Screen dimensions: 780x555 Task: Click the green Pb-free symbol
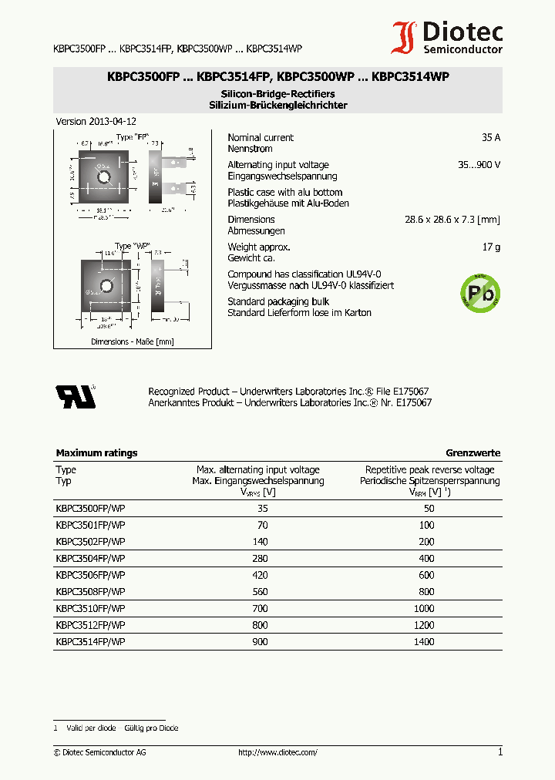click(x=480, y=292)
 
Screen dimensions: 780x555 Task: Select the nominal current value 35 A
click(x=490, y=137)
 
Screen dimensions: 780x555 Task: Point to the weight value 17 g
click(x=491, y=247)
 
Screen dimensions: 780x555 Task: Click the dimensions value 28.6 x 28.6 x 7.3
click(x=452, y=220)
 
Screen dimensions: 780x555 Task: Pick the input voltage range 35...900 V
click(x=479, y=165)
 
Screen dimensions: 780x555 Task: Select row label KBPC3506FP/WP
click(x=90, y=575)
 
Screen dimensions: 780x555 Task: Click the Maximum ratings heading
click(x=96, y=453)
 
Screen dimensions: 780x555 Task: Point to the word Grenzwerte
click(x=473, y=453)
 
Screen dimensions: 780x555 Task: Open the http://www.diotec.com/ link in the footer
click(x=277, y=752)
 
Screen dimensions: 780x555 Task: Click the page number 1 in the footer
click(x=499, y=752)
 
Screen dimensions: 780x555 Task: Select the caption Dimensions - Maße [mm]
click(x=132, y=341)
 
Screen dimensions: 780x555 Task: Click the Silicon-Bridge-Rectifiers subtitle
click(x=277, y=94)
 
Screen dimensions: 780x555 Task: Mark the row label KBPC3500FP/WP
click(x=90, y=508)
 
